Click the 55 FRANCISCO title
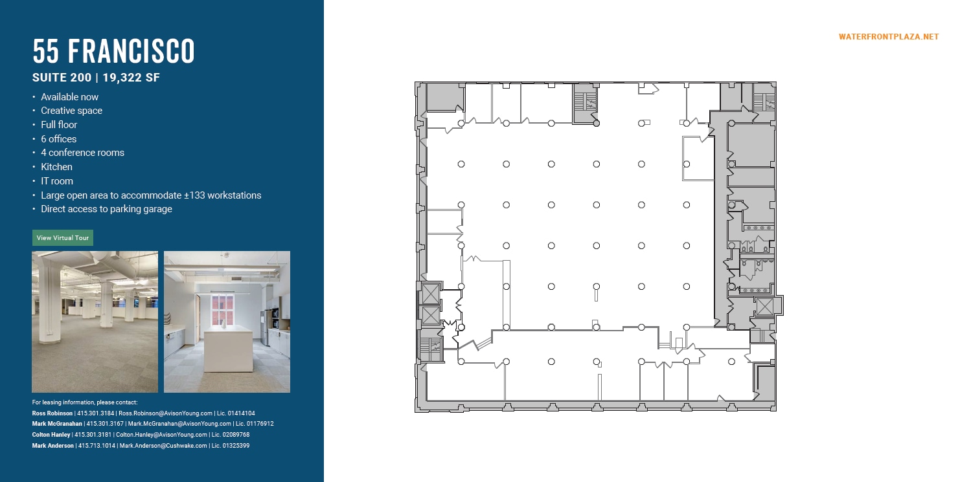(x=113, y=52)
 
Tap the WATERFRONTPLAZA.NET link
(x=888, y=37)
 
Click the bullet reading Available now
(x=69, y=97)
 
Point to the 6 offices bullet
(x=58, y=139)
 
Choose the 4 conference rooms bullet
(x=82, y=153)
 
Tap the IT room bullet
(x=56, y=181)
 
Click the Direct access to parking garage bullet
(x=106, y=209)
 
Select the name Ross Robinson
(x=52, y=413)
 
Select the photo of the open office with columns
(x=95, y=322)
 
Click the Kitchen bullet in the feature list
(x=56, y=167)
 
